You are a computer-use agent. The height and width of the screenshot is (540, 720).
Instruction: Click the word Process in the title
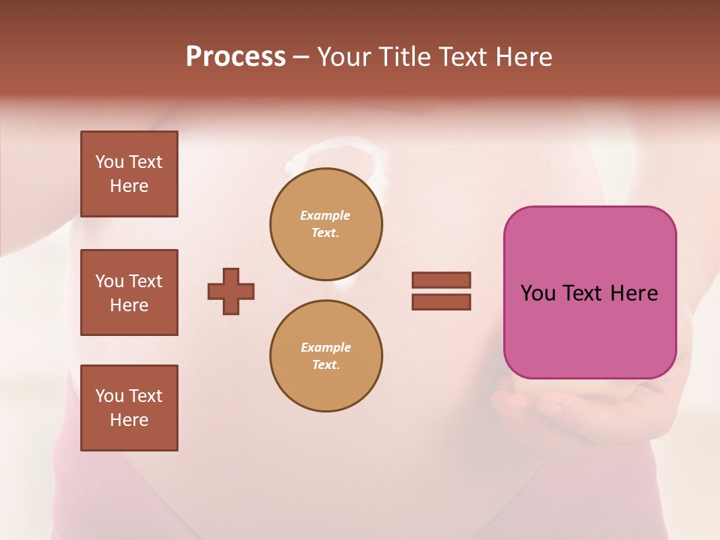tap(235, 57)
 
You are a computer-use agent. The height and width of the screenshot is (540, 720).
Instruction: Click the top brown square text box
tap(129, 174)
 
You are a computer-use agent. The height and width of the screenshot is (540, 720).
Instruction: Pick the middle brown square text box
tap(129, 292)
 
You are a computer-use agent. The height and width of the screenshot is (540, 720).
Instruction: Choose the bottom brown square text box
tap(129, 408)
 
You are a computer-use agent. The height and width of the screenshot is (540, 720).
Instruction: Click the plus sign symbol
tap(231, 291)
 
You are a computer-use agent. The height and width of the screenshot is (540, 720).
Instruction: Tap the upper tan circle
tap(326, 223)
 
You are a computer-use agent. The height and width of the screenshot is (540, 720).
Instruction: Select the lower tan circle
tap(326, 355)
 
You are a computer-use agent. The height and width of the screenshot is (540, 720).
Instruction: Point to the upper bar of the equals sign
tap(441, 280)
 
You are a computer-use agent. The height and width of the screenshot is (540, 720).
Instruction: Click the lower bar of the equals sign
tap(441, 301)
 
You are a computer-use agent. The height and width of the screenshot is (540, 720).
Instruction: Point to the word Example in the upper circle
tap(325, 215)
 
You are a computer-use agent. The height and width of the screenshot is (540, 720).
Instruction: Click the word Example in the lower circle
tap(325, 347)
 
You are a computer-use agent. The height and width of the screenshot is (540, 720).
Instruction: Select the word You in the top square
tap(109, 162)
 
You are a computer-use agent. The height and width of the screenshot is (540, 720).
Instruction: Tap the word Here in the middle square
tap(129, 305)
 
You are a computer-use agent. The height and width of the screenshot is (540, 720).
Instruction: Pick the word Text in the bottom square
tap(145, 396)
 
